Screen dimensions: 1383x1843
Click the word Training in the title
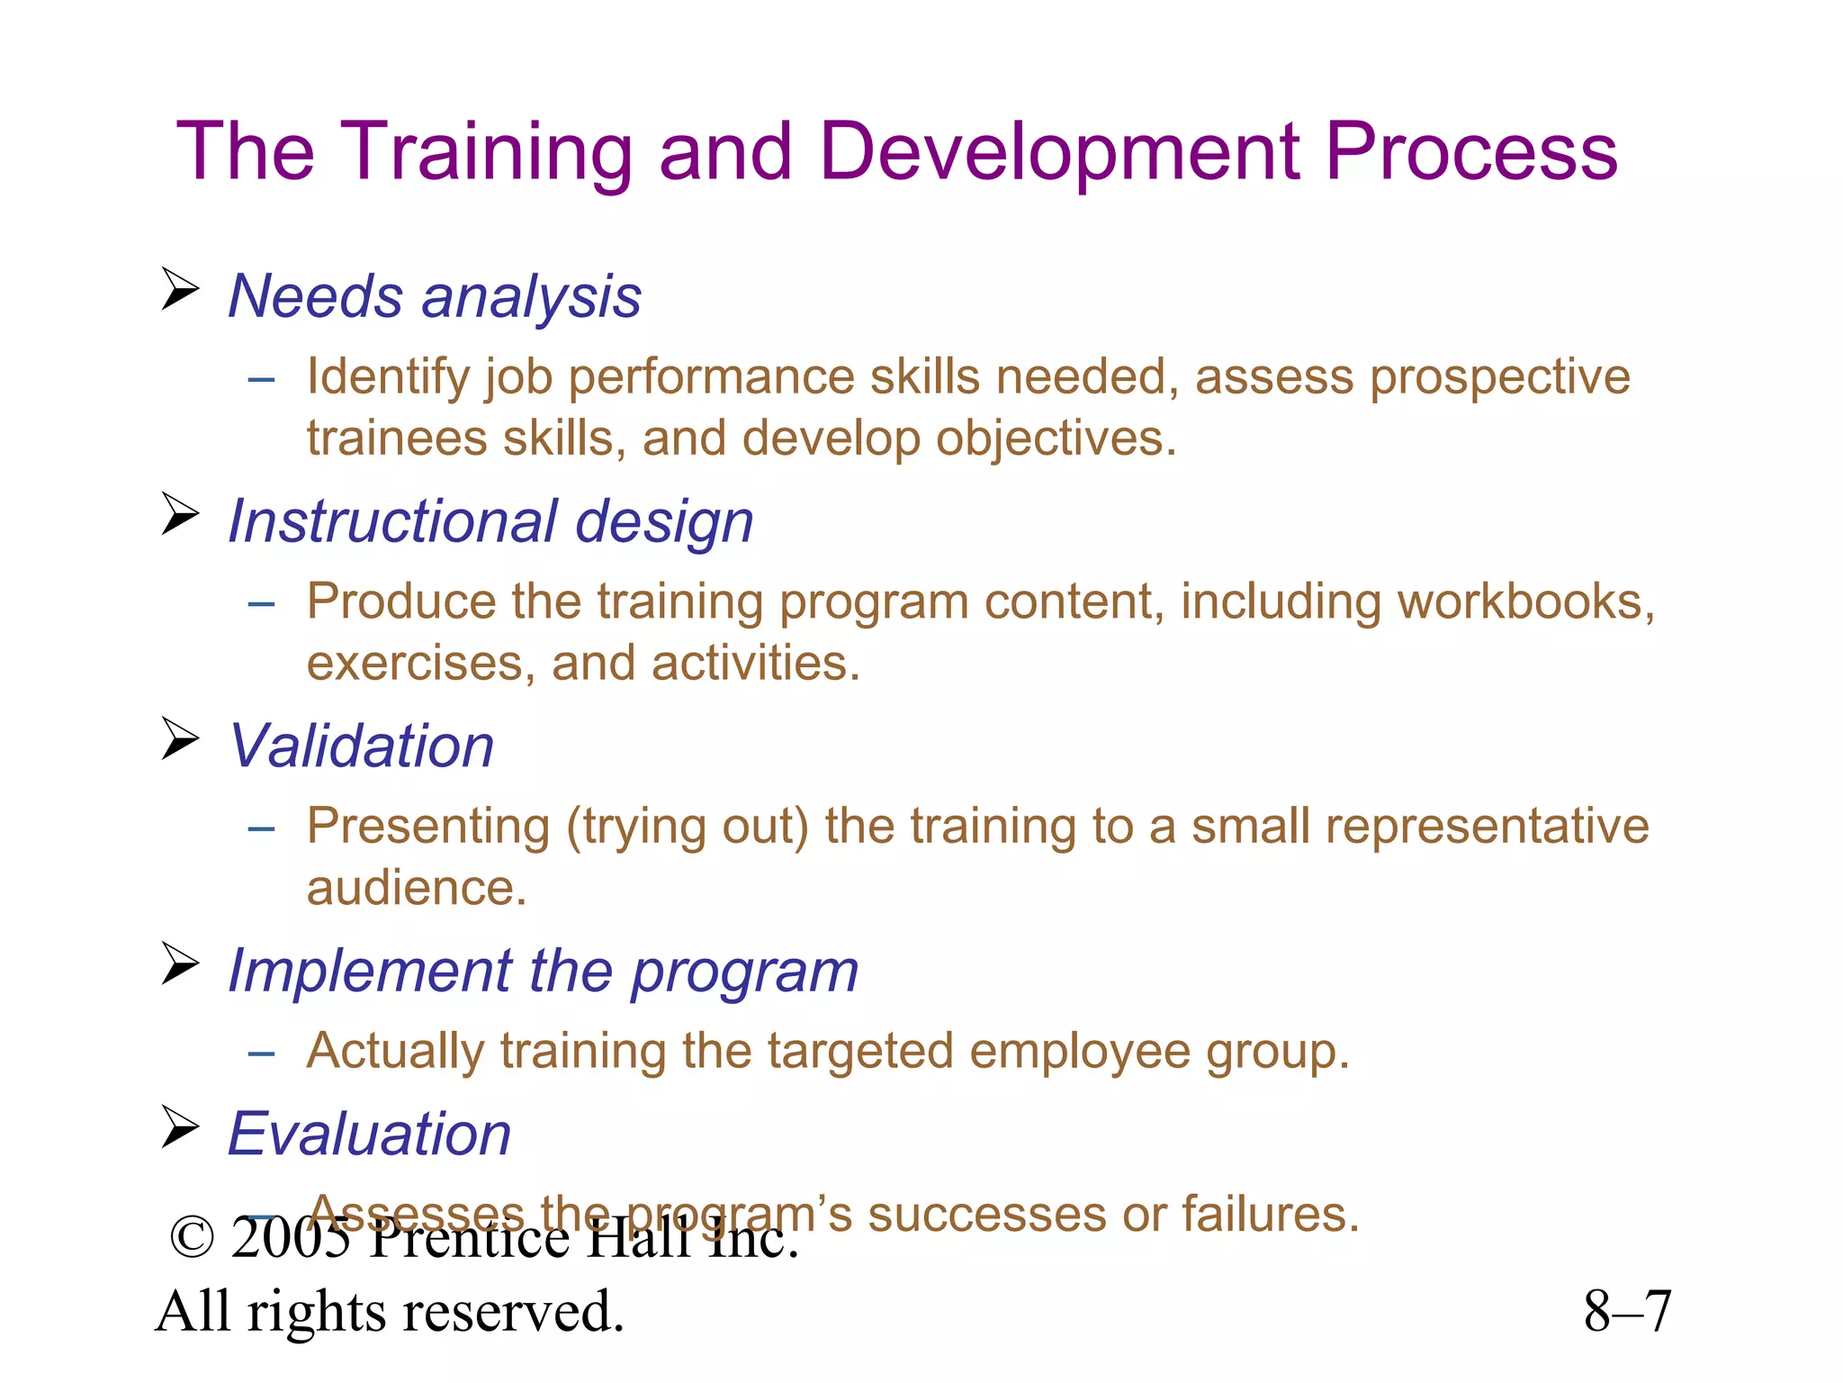(486, 153)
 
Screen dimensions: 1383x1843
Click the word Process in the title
(1471, 153)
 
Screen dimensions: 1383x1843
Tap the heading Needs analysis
(435, 296)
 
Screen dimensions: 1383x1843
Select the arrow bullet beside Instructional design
(180, 514)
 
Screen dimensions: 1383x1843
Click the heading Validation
(362, 746)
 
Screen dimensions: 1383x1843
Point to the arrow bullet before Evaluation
(180, 1126)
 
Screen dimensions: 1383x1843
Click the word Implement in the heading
(370, 972)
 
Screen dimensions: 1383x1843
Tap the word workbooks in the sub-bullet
(1521, 601)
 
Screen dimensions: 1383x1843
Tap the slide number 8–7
(1627, 1312)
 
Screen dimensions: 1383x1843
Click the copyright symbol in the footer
(192, 1239)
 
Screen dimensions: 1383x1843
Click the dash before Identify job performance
(261, 379)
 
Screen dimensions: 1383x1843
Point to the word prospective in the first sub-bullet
(1499, 377)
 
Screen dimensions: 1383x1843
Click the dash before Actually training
(261, 1053)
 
